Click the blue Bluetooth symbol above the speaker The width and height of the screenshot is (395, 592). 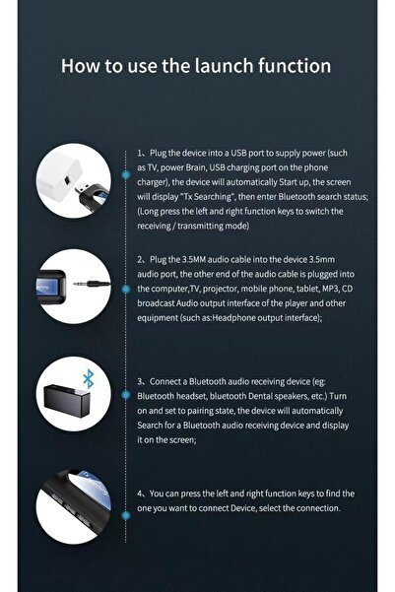(x=87, y=376)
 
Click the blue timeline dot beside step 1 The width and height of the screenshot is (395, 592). (x=125, y=155)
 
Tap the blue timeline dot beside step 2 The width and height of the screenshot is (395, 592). (x=125, y=257)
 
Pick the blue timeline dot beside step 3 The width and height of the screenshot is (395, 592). (x=125, y=379)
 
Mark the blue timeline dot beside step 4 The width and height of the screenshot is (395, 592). (x=125, y=493)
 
